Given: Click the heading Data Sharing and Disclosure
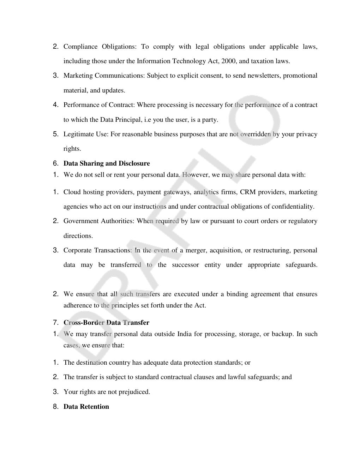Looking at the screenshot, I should click(107, 163).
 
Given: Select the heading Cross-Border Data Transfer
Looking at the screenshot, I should click(106, 323).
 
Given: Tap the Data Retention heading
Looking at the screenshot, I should click(86, 407).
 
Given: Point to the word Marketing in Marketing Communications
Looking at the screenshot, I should click(78, 76).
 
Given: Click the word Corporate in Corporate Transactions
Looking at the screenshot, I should click(77, 250).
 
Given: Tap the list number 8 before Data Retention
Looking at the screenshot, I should click(55, 407).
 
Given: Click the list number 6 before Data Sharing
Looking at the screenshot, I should click(55, 163).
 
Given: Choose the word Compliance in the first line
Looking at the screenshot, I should click(80, 47).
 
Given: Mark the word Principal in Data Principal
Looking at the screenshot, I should click(128, 120).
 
